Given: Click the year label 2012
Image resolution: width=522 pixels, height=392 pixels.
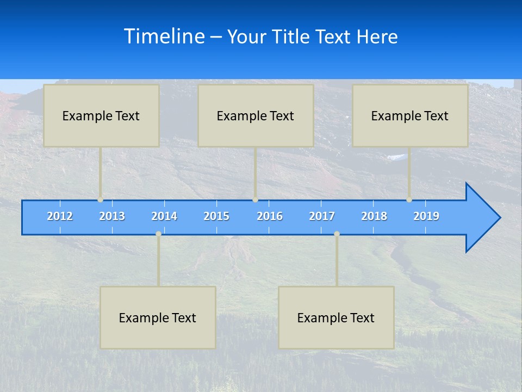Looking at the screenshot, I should [x=60, y=216].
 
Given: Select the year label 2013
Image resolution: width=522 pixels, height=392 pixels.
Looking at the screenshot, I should [x=112, y=216].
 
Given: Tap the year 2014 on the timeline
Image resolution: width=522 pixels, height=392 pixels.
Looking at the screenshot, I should [x=164, y=216].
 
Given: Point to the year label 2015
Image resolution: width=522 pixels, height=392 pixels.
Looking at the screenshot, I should [x=216, y=216].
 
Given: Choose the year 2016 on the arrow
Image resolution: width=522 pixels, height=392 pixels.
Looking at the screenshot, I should [x=270, y=216].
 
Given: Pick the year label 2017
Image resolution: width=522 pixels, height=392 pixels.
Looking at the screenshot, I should [x=322, y=216].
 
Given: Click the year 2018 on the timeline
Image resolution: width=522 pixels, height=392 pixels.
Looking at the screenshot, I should [x=374, y=216].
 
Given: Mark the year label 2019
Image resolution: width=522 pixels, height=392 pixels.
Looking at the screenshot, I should [x=426, y=216].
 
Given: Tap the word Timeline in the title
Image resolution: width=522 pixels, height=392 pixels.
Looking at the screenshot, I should [x=164, y=36].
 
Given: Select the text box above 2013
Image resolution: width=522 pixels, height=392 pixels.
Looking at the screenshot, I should [x=101, y=115].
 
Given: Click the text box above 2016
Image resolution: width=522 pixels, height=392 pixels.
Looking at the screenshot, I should [x=256, y=115].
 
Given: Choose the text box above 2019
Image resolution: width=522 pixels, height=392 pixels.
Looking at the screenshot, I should [x=410, y=115].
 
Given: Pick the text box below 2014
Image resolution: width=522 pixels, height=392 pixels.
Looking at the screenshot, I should [x=158, y=317].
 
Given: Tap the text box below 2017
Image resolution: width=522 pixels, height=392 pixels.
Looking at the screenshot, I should [x=336, y=317].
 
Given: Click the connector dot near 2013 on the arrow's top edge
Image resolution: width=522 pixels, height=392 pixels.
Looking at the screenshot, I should [x=101, y=200].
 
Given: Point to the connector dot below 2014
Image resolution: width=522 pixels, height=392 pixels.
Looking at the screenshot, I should [x=158, y=234].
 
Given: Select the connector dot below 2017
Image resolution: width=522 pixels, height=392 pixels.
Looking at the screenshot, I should [x=337, y=234].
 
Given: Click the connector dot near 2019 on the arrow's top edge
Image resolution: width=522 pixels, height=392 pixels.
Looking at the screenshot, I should [x=409, y=200].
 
